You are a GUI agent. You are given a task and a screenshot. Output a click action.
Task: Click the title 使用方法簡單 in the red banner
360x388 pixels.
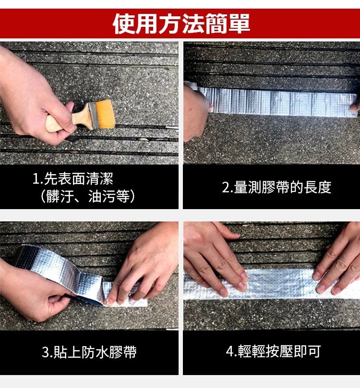(x=181, y=24)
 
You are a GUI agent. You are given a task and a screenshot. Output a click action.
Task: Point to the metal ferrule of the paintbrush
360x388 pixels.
(x=92, y=116)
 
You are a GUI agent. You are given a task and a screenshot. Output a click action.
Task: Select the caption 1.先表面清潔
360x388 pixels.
(x=73, y=179)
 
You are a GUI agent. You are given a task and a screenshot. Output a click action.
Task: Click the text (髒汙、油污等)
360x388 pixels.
(x=87, y=196)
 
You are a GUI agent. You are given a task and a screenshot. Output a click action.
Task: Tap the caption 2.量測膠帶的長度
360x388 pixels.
(x=276, y=187)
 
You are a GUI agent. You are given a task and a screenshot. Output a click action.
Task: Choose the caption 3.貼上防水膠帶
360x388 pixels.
(x=89, y=352)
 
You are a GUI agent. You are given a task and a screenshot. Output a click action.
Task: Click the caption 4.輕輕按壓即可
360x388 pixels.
(x=273, y=352)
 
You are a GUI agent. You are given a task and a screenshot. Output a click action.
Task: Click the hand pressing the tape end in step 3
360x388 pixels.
(x=146, y=262)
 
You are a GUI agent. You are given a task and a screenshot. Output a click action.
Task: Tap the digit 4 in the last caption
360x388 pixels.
(x=229, y=352)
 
